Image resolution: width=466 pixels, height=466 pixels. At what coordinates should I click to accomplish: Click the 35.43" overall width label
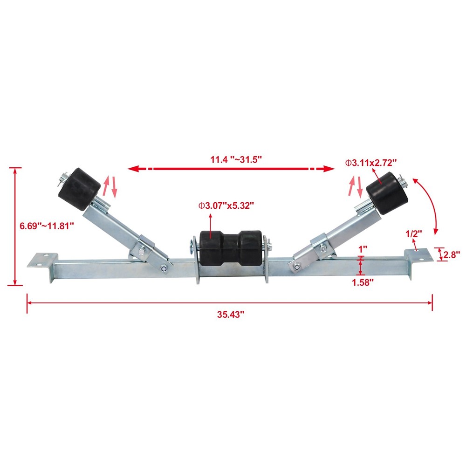[231, 315]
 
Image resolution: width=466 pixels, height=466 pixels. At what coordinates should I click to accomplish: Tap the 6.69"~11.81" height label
[46, 226]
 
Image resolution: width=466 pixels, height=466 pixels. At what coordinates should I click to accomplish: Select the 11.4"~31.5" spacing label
[236, 159]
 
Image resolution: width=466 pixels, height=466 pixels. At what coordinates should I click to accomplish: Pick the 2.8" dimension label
[452, 254]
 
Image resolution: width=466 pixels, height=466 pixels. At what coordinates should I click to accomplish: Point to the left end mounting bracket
[43, 259]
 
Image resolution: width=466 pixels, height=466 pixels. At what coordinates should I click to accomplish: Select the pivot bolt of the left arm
[164, 267]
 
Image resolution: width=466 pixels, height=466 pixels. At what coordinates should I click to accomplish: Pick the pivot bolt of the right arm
[296, 267]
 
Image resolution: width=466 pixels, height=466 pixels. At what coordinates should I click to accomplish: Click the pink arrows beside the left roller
[110, 186]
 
